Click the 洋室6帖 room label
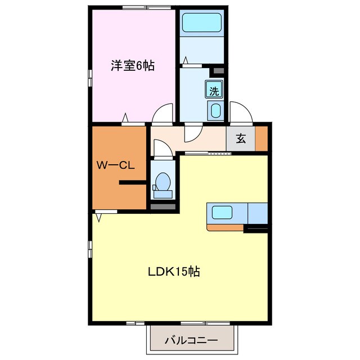coord(132,66)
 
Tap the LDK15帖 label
coord(174,272)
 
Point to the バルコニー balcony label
coord(191,340)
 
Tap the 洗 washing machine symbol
coord(214,90)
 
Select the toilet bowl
coord(163,182)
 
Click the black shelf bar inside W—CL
coord(133,182)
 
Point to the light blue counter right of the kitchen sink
coord(257,213)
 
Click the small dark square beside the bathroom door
coord(218,71)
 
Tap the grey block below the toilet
coord(163,206)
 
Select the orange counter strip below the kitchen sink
coord(225,227)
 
